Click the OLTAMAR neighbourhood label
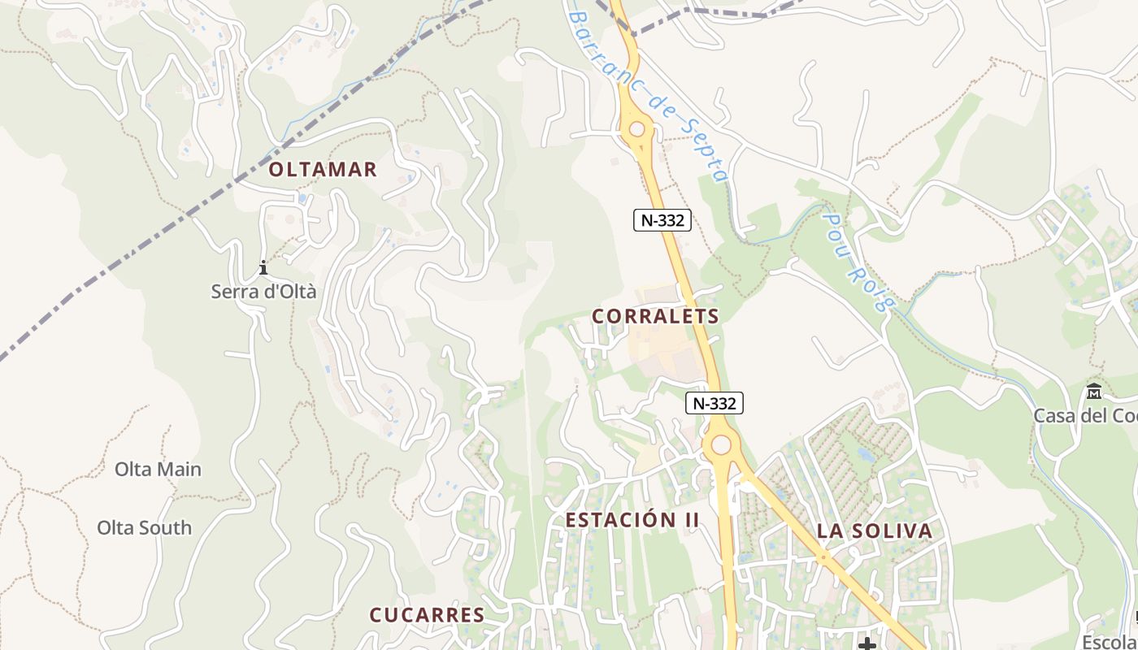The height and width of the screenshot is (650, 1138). pyautogui.click(x=323, y=169)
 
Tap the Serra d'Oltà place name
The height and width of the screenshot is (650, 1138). pyautogui.click(x=263, y=292)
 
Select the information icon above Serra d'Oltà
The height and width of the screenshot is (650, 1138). pyautogui.click(x=263, y=267)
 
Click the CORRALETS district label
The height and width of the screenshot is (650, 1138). pyautogui.click(x=655, y=316)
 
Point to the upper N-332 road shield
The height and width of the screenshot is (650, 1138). pyautogui.click(x=662, y=219)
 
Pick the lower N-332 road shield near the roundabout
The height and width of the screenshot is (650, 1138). pyautogui.click(x=715, y=402)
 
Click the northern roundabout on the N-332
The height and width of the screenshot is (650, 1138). pyautogui.click(x=636, y=128)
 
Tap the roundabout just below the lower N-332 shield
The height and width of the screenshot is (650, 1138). pyautogui.click(x=720, y=444)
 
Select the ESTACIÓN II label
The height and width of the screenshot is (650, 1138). pyautogui.click(x=632, y=520)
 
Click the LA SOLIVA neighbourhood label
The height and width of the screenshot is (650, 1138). pyautogui.click(x=874, y=531)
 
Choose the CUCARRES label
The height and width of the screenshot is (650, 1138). pyautogui.click(x=427, y=615)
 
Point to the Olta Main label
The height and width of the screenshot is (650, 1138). pyautogui.click(x=158, y=469)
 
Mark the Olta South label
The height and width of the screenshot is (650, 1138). pyautogui.click(x=145, y=527)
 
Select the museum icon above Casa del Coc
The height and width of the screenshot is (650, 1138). pyautogui.click(x=1093, y=392)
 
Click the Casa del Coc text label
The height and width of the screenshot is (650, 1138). pyautogui.click(x=1085, y=415)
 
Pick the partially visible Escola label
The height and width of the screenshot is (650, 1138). pyautogui.click(x=1110, y=639)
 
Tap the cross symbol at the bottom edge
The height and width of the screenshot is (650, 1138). pyautogui.click(x=867, y=644)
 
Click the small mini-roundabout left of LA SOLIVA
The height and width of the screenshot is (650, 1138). pyautogui.click(x=823, y=558)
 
